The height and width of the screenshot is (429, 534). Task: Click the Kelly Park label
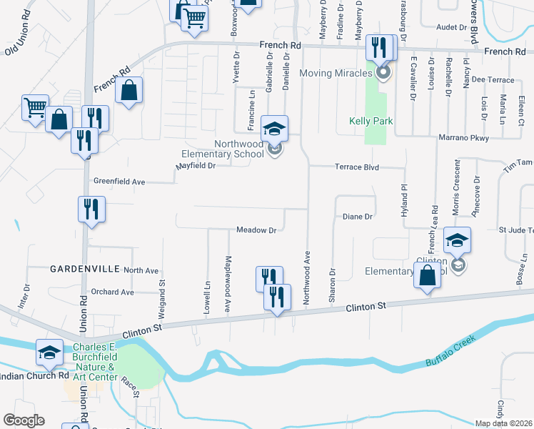pyautogui.click(x=371, y=122)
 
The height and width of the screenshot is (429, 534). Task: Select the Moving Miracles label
pyautogui.click(x=336, y=73)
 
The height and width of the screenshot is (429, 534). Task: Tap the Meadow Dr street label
pyautogui.click(x=256, y=230)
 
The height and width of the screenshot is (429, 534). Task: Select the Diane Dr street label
pyautogui.click(x=358, y=216)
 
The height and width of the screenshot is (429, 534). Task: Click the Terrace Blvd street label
pyautogui.click(x=357, y=167)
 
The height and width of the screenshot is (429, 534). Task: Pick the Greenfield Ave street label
pyautogui.click(x=119, y=182)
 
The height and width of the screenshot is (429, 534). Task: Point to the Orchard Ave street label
pyautogui.click(x=113, y=292)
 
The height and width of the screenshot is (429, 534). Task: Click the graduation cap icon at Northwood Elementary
pyautogui.click(x=274, y=129)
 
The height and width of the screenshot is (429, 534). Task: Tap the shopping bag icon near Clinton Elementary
pyautogui.click(x=427, y=276)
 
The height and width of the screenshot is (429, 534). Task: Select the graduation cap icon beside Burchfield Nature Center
pyautogui.click(x=49, y=352)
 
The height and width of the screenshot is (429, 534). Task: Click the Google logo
pyautogui.click(x=24, y=420)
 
